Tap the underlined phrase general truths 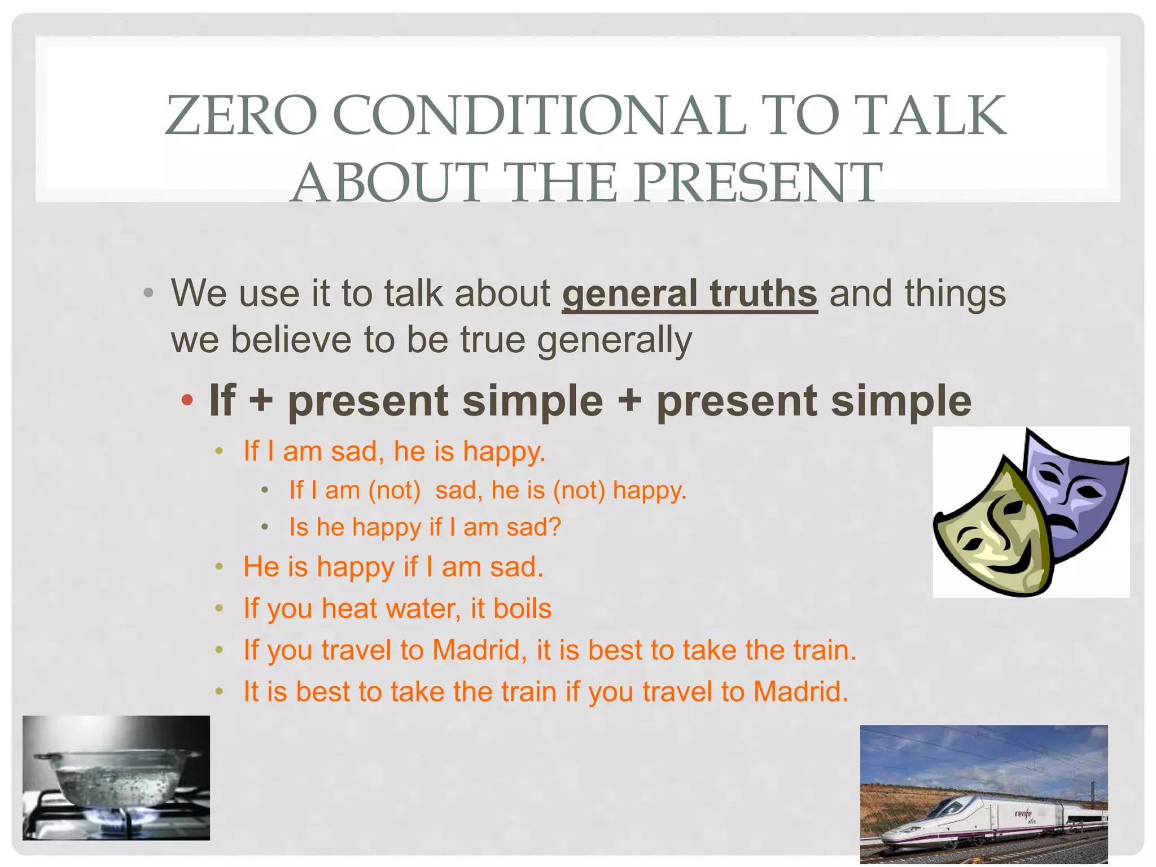[x=689, y=294]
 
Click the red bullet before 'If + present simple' [x=187, y=401]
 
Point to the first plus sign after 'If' [x=261, y=401]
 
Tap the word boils [x=522, y=608]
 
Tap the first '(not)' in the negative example [x=394, y=490]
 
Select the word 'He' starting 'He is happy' [x=261, y=567]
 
